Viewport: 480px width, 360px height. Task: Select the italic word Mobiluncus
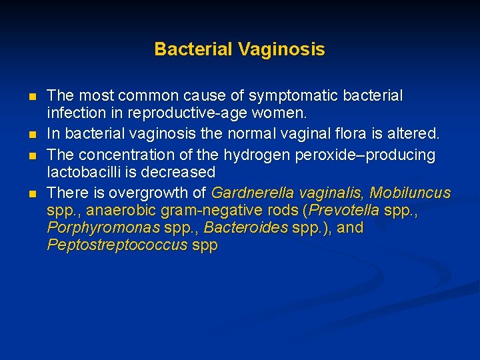410,193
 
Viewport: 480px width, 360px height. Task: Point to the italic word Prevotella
345,211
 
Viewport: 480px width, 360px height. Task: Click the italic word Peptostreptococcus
117,245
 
